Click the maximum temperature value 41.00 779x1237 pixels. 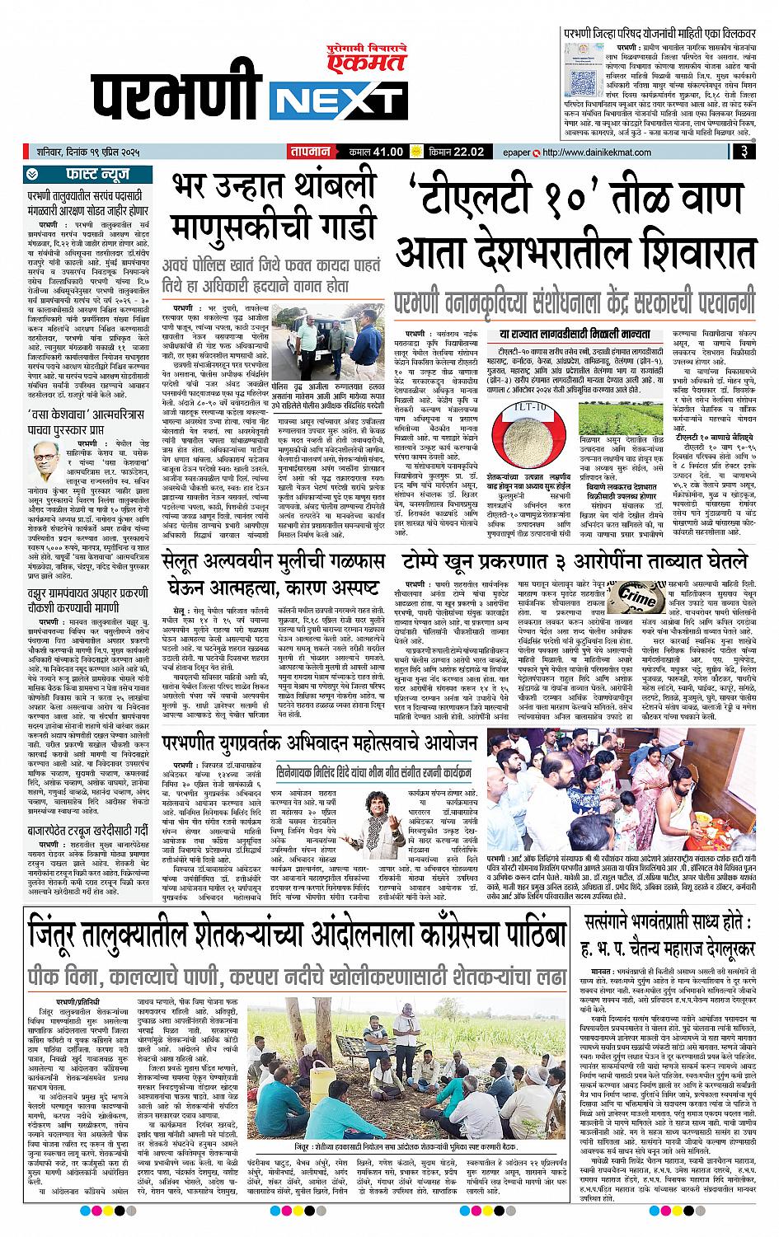tap(387, 152)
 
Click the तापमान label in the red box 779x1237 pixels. tap(310, 152)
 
